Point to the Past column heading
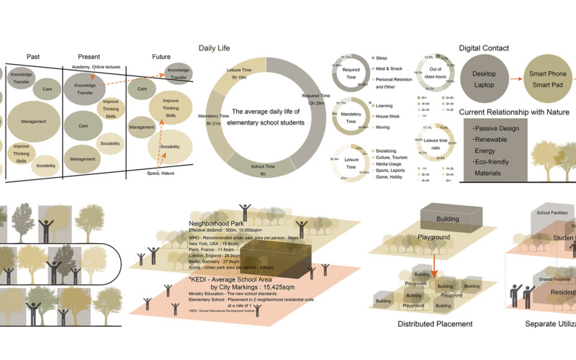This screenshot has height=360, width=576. click(x=33, y=57)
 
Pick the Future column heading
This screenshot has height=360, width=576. click(x=161, y=57)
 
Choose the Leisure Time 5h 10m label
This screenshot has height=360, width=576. click(x=239, y=73)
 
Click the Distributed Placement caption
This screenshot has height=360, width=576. click(x=435, y=324)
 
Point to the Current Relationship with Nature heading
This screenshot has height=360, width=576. click(x=514, y=112)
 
